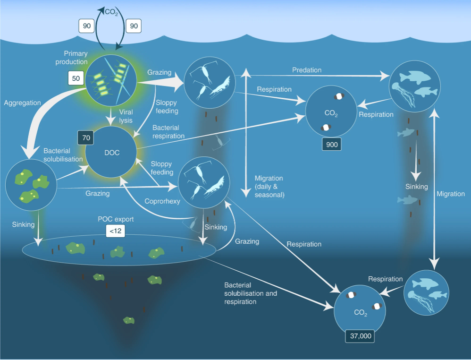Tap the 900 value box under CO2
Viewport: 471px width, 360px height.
pos(332,145)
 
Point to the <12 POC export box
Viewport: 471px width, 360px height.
pos(115,231)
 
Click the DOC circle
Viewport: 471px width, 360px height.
pos(111,153)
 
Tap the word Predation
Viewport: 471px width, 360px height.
pos(306,70)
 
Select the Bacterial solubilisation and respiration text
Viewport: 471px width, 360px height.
pos(250,293)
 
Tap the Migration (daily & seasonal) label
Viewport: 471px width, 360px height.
pos(269,186)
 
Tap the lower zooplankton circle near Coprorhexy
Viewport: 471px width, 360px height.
pos(204,182)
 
